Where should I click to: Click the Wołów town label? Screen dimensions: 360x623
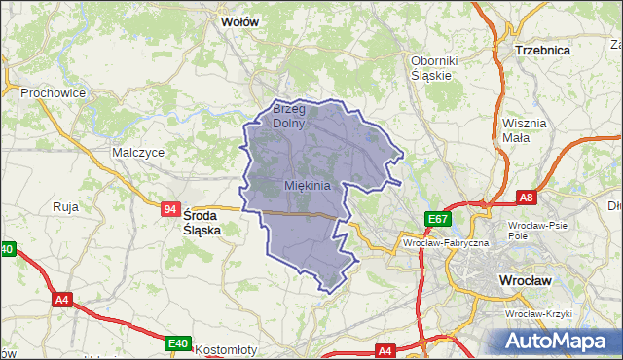240,20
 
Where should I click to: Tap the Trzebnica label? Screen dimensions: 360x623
542,49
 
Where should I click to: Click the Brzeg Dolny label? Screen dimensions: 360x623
289,116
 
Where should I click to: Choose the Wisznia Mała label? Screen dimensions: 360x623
525,130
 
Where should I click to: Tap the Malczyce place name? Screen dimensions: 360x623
137,153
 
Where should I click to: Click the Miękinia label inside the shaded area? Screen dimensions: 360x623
308,185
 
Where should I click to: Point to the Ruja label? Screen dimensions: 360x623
65,206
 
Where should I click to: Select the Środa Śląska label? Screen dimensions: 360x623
202,223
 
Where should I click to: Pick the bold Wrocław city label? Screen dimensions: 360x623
525,280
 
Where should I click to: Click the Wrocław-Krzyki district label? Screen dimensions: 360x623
537,314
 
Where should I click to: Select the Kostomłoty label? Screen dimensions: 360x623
225,349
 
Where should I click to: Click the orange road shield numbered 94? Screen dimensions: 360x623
170,208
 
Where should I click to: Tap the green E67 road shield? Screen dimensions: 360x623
435,220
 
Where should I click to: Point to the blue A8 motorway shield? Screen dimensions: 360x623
527,198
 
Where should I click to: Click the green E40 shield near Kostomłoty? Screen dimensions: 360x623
177,343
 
